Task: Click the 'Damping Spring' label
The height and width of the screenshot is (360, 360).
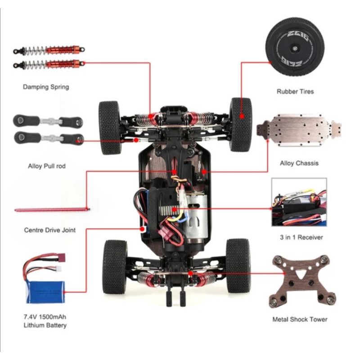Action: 46,87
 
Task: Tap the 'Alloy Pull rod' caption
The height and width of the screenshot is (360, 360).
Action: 47,166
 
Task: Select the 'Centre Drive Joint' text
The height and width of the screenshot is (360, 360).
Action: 50,230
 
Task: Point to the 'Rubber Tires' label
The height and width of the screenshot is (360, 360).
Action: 295,92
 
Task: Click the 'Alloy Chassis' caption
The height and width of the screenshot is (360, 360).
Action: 299,163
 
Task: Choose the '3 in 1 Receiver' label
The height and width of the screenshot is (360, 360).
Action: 301,237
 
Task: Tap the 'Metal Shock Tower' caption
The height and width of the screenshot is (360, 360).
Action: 300,319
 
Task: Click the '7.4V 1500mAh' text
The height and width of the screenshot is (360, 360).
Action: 45,317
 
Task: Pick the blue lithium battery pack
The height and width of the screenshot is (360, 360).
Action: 45,292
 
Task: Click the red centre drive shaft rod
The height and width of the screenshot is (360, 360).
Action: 52,210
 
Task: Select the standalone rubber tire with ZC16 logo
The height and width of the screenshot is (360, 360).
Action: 295,46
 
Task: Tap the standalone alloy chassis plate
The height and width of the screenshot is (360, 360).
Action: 299,130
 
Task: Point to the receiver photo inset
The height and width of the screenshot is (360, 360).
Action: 299,202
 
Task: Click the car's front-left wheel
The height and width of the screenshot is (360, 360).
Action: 109,128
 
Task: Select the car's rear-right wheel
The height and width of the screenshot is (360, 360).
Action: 238,266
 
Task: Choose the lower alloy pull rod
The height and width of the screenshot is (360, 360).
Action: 49,138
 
